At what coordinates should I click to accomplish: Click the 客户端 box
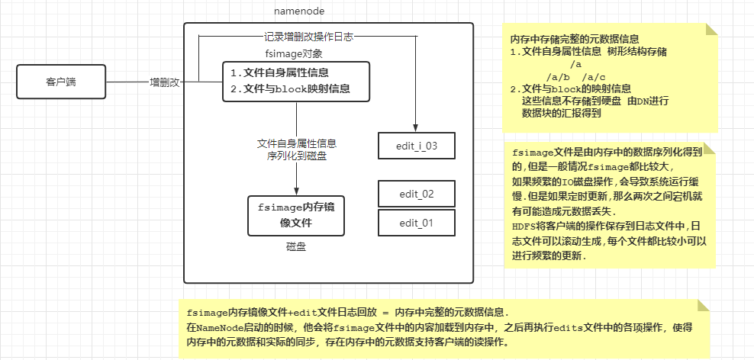[x=60, y=82]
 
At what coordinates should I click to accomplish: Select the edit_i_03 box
[x=417, y=144]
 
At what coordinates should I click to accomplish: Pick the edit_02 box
[x=417, y=194]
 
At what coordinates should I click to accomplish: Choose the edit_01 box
[x=417, y=223]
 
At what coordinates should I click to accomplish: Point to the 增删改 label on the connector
[x=164, y=82]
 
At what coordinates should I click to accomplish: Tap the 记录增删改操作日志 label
[x=308, y=36]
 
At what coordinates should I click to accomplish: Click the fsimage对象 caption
[x=294, y=53]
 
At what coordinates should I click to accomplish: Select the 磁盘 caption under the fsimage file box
[x=296, y=247]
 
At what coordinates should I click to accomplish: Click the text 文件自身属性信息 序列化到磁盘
[x=297, y=149]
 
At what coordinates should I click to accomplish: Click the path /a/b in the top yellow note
[x=558, y=76]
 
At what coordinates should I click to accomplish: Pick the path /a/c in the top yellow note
[x=594, y=76]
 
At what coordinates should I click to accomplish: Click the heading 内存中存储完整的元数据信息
[x=574, y=38]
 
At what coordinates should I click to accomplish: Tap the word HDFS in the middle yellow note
[x=524, y=226]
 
